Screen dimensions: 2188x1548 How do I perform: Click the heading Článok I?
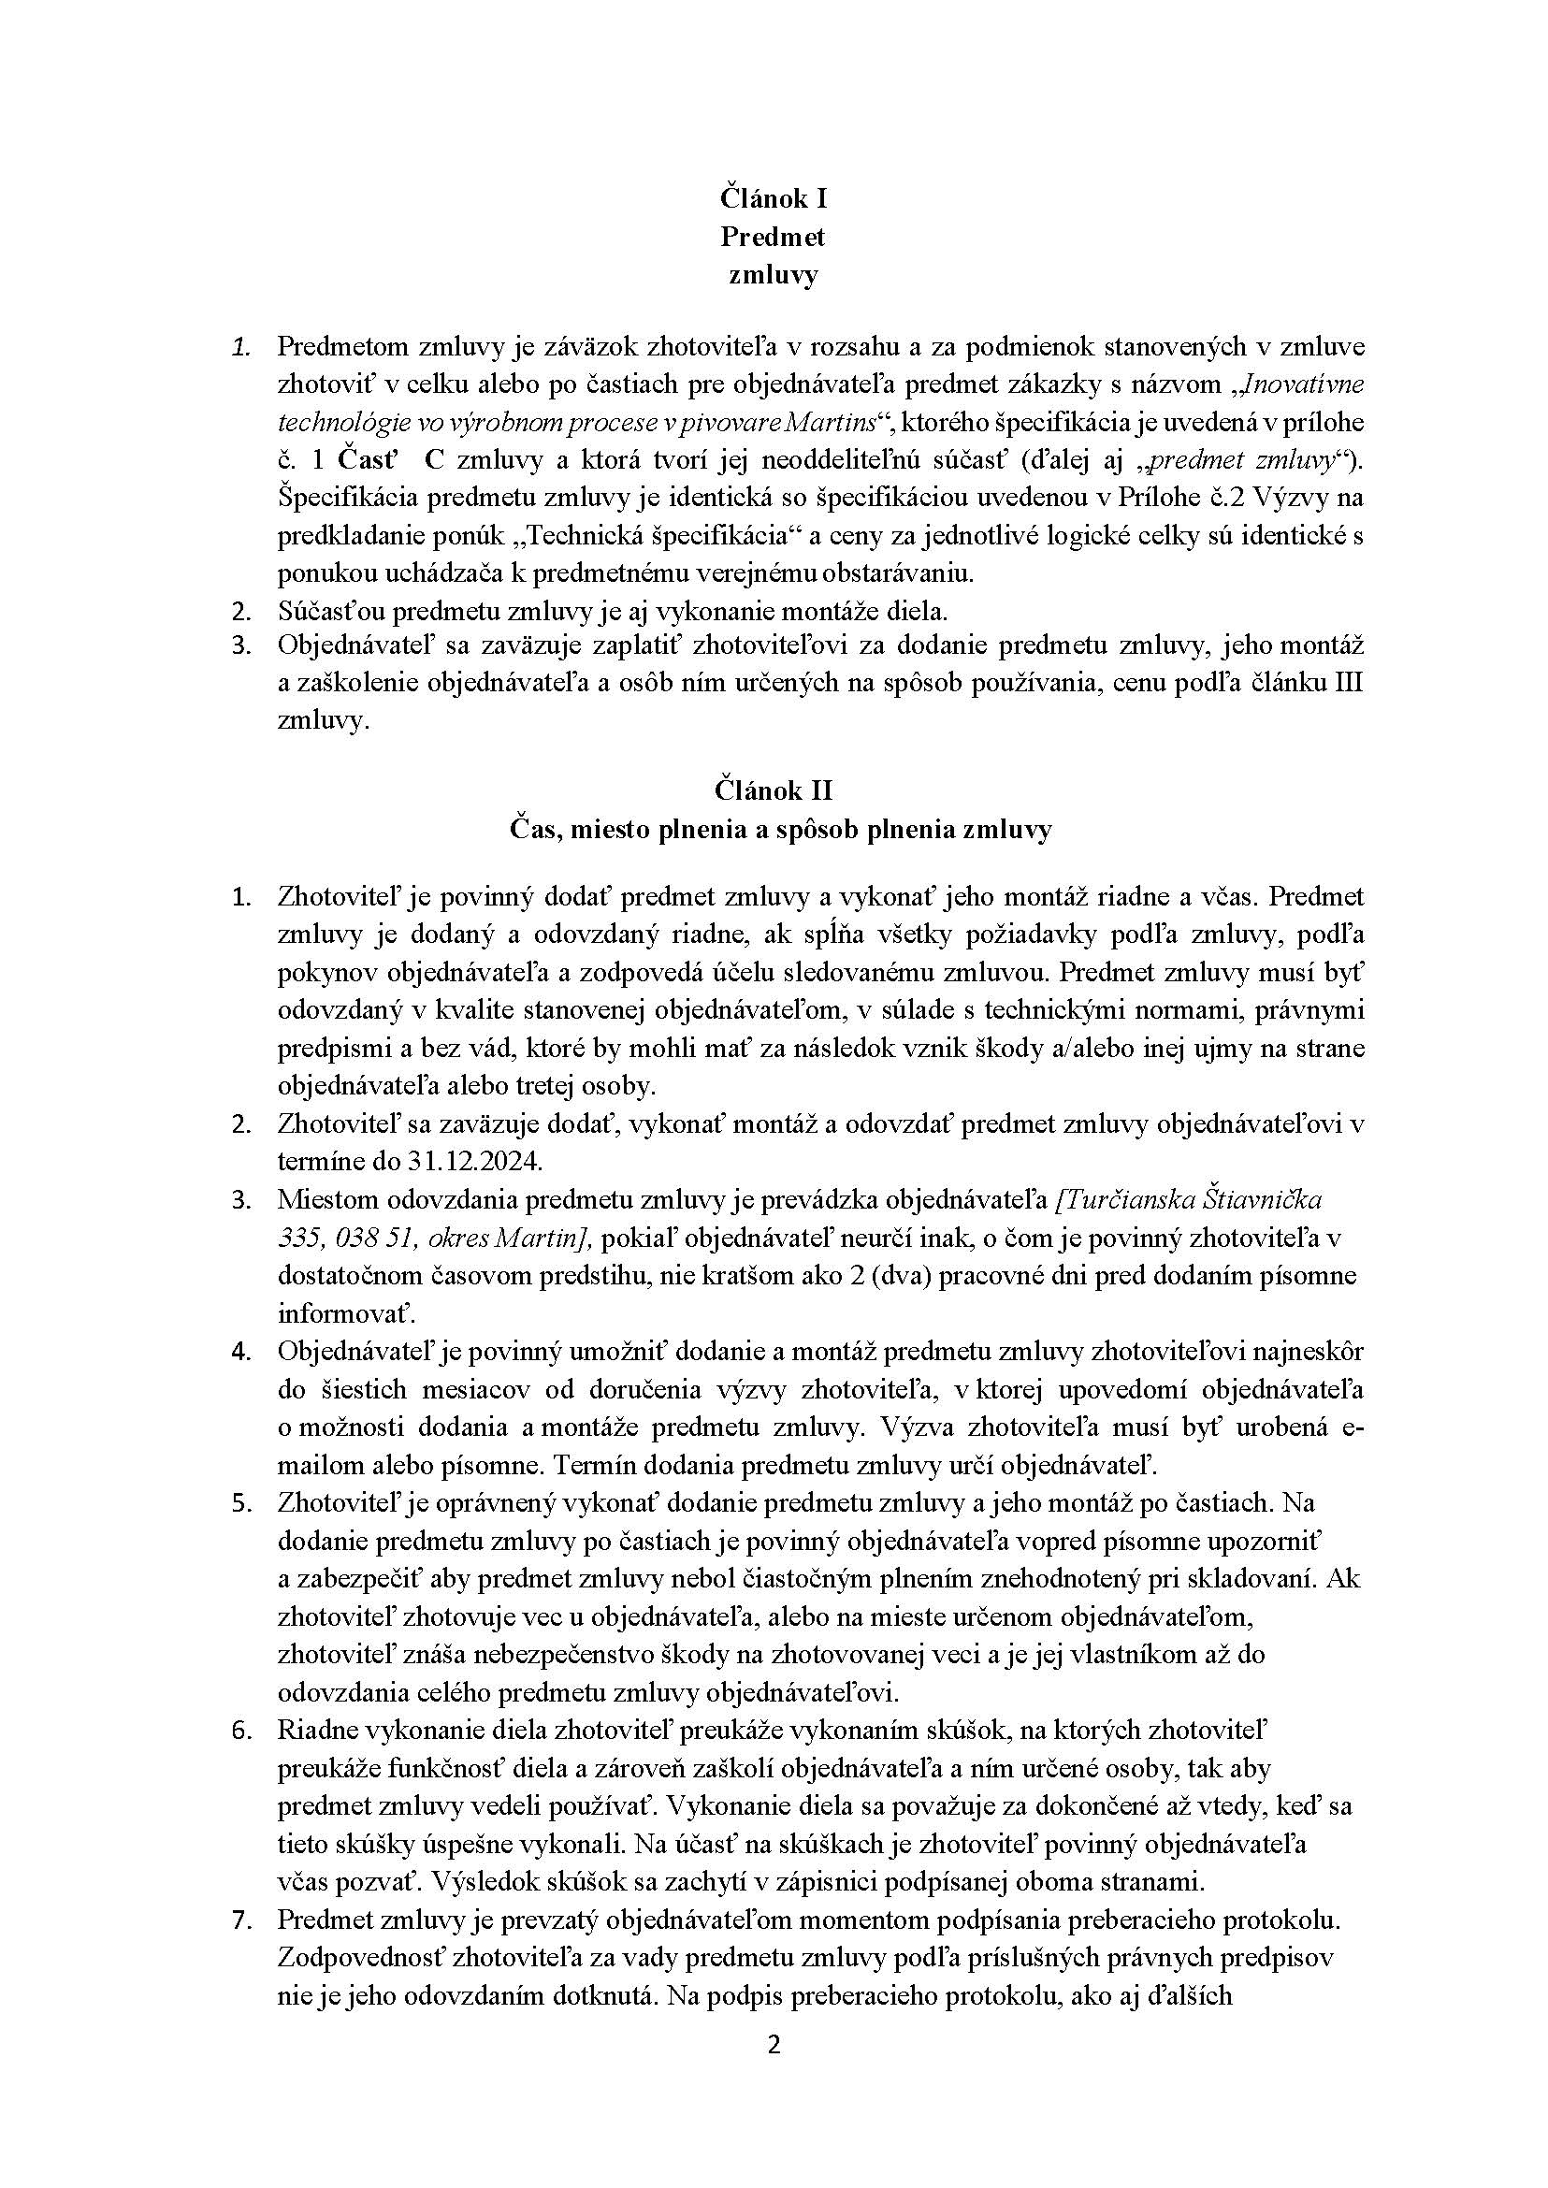[773, 198]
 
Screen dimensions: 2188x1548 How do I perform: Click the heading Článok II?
[773, 790]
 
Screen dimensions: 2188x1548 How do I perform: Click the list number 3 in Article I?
[241, 645]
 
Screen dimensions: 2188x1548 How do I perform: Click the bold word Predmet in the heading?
[773, 237]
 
